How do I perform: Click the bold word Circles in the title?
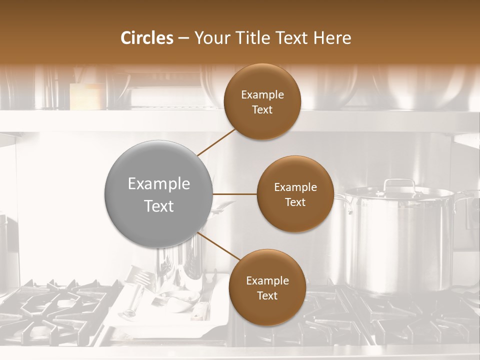(x=147, y=38)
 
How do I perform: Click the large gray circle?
(x=158, y=194)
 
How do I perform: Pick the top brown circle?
(x=262, y=102)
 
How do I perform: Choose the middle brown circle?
(x=295, y=194)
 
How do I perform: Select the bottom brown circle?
(x=267, y=287)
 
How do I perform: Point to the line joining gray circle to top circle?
(x=216, y=142)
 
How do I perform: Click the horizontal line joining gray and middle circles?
(x=234, y=194)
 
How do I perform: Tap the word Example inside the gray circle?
(x=158, y=184)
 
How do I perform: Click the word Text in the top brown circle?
(x=262, y=109)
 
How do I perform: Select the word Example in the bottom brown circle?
(x=267, y=280)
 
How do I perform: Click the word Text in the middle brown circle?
(x=295, y=202)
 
